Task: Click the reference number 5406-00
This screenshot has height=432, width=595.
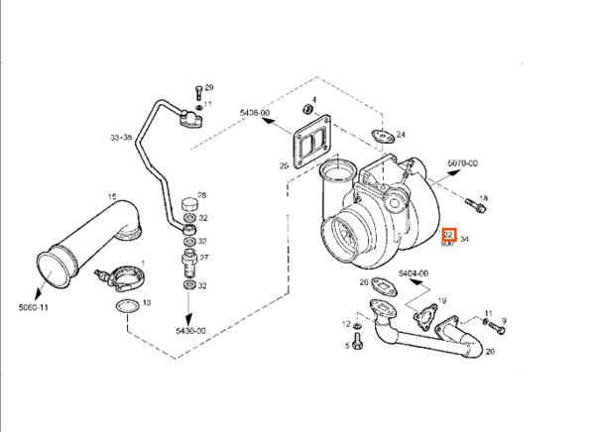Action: pyautogui.click(x=255, y=114)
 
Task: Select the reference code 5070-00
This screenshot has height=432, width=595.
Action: pyautogui.click(x=462, y=162)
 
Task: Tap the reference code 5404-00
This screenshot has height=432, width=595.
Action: pyautogui.click(x=413, y=272)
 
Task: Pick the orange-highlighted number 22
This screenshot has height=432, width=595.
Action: pyautogui.click(x=448, y=236)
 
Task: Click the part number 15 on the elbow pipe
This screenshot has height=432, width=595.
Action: pyautogui.click(x=112, y=196)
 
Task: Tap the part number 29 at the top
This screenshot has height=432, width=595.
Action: pyautogui.click(x=209, y=88)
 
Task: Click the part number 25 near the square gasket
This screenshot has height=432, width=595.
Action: pyautogui.click(x=284, y=165)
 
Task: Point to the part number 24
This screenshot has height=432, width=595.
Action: pyautogui.click(x=401, y=134)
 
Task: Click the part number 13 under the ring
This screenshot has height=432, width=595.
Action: pyautogui.click(x=146, y=302)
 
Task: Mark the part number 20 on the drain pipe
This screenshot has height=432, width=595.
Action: pyautogui.click(x=490, y=351)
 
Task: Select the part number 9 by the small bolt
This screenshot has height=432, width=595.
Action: pyautogui.click(x=504, y=321)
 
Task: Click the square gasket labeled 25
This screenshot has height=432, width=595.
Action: pyautogui.click(x=310, y=145)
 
